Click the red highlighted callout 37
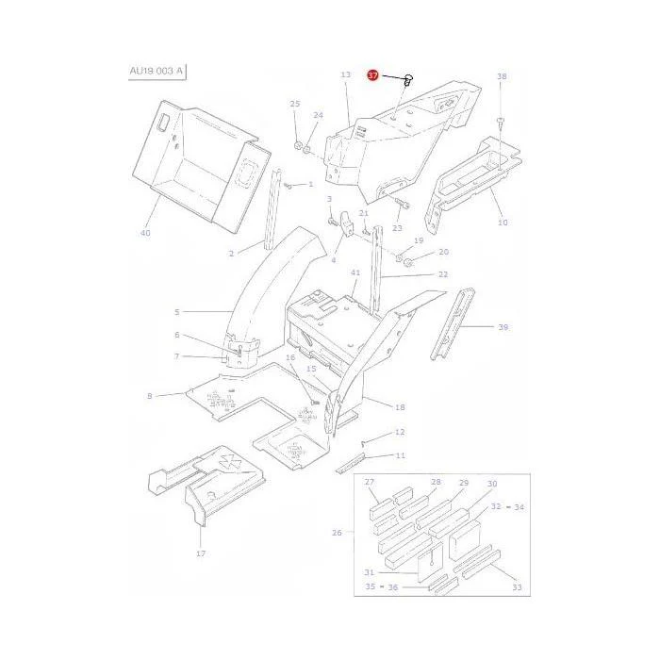pyautogui.click(x=373, y=75)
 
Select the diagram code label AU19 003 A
pyautogui.click(x=157, y=71)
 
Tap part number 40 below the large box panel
pyautogui.click(x=145, y=233)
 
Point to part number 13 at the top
pyautogui.click(x=346, y=74)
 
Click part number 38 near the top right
pyautogui.click(x=502, y=76)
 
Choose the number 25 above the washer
pyautogui.click(x=295, y=104)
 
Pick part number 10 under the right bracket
pyautogui.click(x=503, y=223)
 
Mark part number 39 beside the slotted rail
pyautogui.click(x=503, y=327)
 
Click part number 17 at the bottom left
pyautogui.click(x=201, y=553)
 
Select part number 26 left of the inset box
pyautogui.click(x=337, y=533)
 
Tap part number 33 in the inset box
pyautogui.click(x=517, y=587)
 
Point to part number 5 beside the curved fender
pyautogui.click(x=177, y=312)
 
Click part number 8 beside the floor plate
pyautogui.click(x=149, y=396)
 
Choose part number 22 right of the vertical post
pyautogui.click(x=443, y=274)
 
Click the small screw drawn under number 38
pyautogui.click(x=500, y=122)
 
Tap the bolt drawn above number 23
pyautogui.click(x=403, y=205)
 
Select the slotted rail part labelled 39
pyautogui.click(x=453, y=323)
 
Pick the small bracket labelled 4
pyautogui.click(x=347, y=223)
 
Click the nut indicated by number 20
pyautogui.click(x=407, y=263)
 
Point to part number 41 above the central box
pyautogui.click(x=355, y=272)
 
